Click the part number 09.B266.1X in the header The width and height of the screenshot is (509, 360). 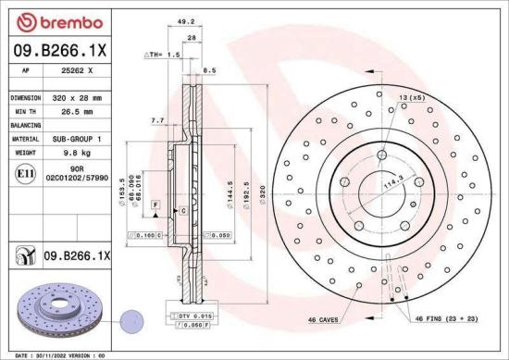(58, 52)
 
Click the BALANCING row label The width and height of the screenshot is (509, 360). (25, 124)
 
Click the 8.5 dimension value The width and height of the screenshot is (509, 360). (208, 70)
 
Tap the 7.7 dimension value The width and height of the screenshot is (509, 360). (156, 120)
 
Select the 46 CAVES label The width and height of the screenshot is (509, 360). (326, 319)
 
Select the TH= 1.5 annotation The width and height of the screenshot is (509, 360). (164, 56)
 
